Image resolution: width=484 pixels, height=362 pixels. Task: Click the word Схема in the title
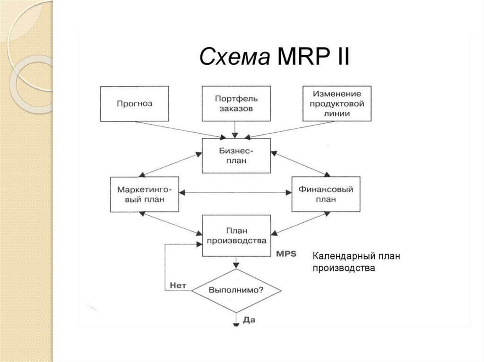tap(233, 57)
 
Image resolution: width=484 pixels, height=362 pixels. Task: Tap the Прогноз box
tap(134, 104)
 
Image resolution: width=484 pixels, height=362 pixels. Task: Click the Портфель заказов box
tap(236, 104)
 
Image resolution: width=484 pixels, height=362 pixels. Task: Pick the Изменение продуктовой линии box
tap(337, 104)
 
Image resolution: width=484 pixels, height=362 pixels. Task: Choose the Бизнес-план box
tap(236, 156)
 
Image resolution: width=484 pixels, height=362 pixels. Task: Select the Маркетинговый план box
tap(145, 194)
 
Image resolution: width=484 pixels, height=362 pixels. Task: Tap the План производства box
tap(236, 236)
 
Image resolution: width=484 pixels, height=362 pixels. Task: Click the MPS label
tap(285, 253)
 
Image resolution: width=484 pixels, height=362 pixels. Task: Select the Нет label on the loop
tap(177, 285)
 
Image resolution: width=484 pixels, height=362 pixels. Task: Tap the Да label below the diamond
tap(249, 320)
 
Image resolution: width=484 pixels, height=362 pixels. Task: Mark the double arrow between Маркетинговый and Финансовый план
tap(236, 192)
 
